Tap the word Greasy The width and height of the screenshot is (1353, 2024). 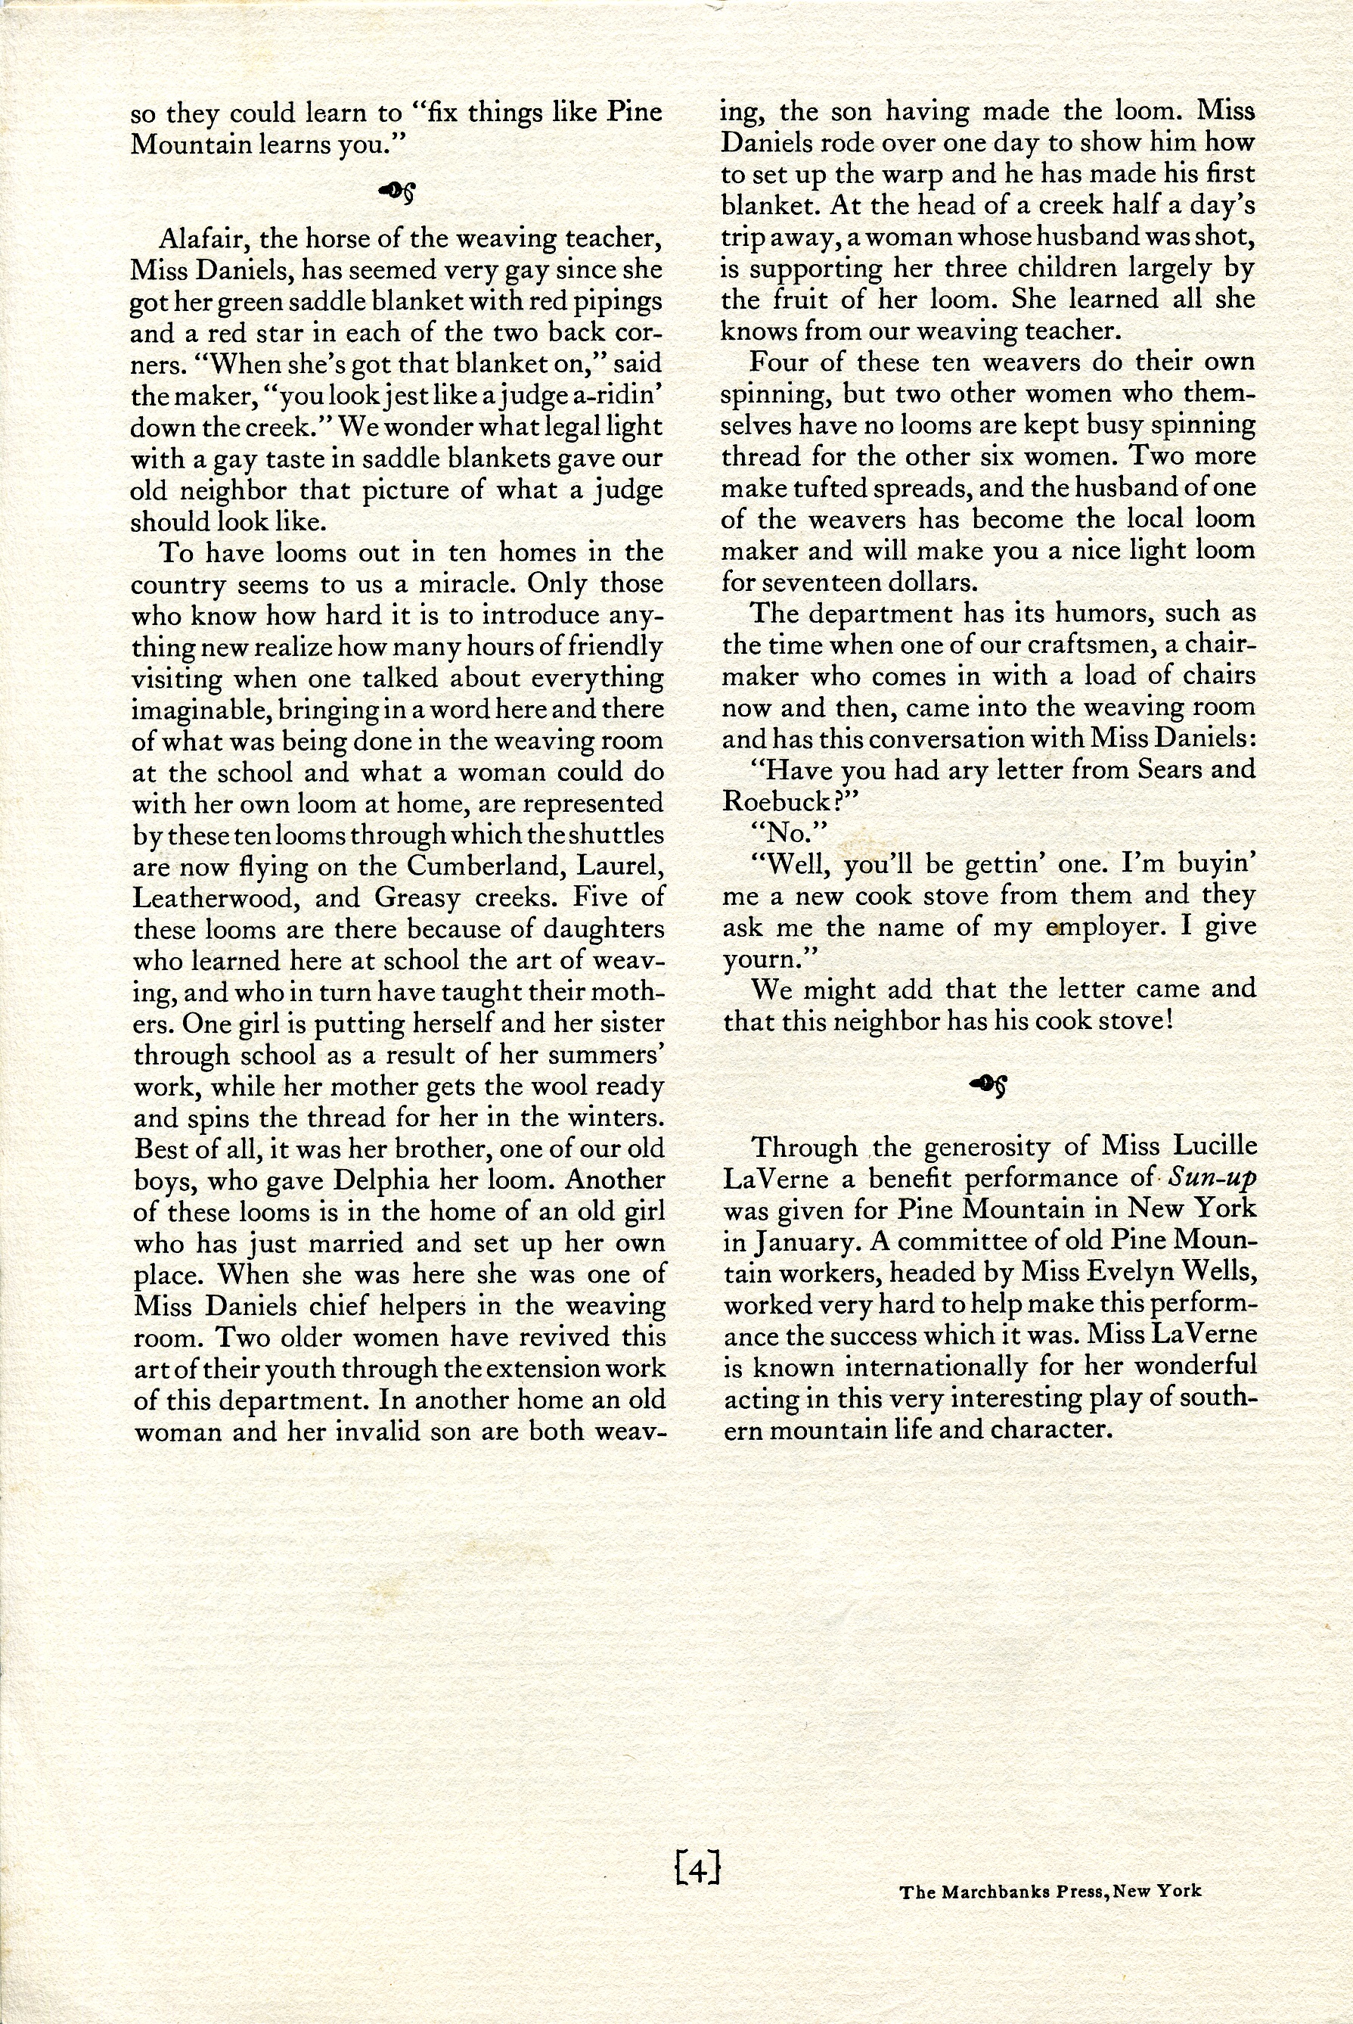tap(417, 897)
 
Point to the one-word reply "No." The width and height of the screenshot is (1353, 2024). tap(777, 832)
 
